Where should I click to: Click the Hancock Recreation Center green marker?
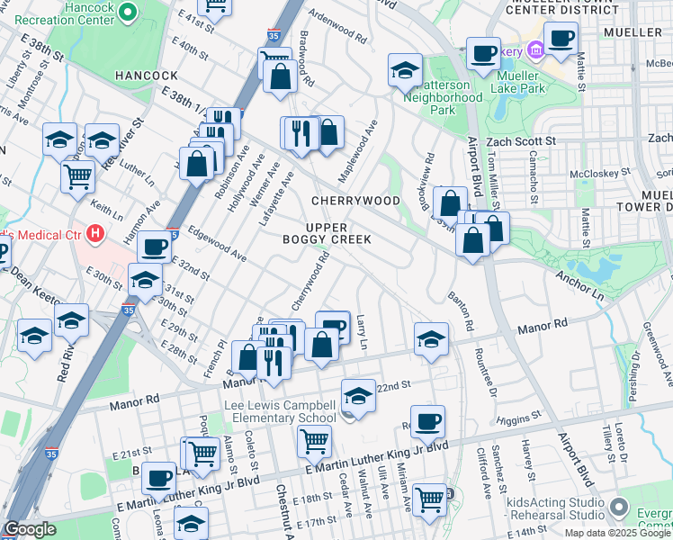click(127, 13)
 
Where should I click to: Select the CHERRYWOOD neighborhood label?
click(354, 200)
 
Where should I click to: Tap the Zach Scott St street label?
click(521, 142)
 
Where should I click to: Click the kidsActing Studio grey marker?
click(618, 506)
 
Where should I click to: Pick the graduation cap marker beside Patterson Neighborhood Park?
click(405, 70)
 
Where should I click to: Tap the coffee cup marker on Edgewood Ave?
click(153, 245)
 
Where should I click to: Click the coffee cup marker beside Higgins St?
click(429, 420)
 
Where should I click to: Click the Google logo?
click(31, 529)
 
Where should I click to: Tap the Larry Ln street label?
click(362, 332)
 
